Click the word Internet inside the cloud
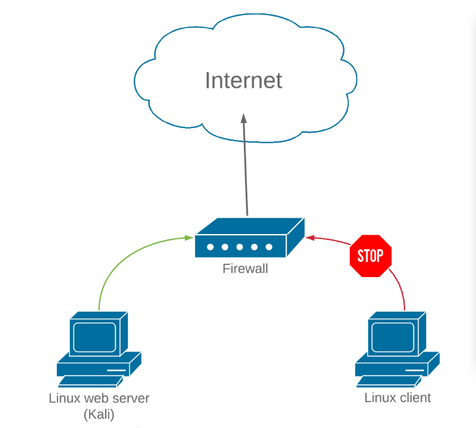(x=243, y=81)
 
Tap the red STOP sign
(x=370, y=256)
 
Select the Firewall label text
(x=245, y=268)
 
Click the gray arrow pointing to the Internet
(x=246, y=170)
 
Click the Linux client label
(x=397, y=398)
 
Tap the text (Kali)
(x=98, y=415)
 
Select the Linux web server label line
(x=98, y=398)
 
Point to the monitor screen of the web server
(x=93, y=335)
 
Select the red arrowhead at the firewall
(x=309, y=237)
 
